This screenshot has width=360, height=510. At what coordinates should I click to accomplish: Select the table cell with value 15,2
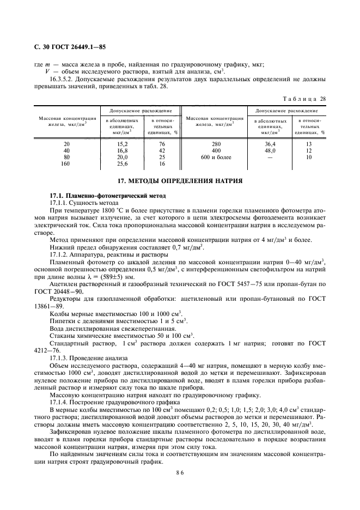pos(123,144)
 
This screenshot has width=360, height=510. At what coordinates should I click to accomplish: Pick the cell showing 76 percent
pos(161,144)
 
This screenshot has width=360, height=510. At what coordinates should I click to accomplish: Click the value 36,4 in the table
pos(271,144)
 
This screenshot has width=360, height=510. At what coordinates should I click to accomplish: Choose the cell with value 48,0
pos(271,150)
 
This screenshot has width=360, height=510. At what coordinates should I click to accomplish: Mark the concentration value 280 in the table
pos(216,144)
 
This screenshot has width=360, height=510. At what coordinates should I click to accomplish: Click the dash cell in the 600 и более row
pos(271,157)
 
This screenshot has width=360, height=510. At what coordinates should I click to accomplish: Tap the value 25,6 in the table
pos(123,163)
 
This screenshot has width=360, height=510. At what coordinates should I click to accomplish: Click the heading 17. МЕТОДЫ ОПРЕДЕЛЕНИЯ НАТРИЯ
pos(180,180)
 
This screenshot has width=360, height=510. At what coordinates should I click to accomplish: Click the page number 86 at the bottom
pos(180,475)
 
